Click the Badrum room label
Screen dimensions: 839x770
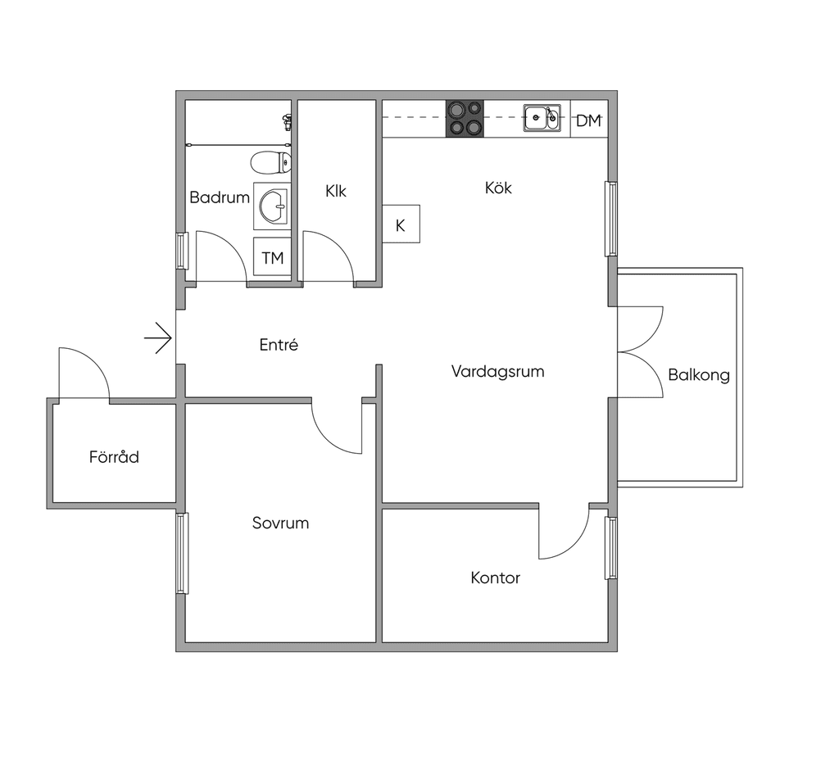220,197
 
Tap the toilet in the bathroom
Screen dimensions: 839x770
270,162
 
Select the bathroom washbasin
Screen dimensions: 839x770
273,206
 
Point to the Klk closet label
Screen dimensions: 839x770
335,191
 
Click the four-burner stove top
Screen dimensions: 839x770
465,118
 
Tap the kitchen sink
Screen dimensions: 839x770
542,118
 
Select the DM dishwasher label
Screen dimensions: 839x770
588,121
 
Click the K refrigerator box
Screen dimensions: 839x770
401,224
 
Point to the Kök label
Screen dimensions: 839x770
498,188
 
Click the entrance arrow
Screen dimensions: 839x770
158,338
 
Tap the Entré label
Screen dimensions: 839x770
279,345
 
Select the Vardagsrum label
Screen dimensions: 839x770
497,371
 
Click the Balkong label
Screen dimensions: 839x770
699,375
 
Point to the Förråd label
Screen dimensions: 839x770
114,456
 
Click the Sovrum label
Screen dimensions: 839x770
280,523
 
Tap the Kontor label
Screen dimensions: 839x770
495,577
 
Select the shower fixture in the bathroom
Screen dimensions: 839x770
288,122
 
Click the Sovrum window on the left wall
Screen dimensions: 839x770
182,553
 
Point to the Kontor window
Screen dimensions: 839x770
611,547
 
